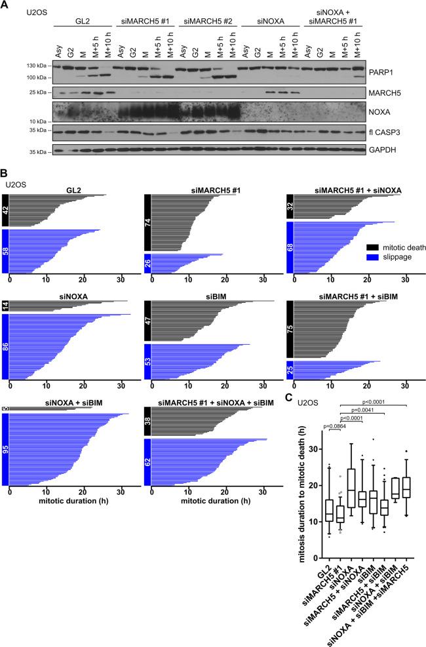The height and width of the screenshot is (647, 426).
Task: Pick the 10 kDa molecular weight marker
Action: (39, 121)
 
